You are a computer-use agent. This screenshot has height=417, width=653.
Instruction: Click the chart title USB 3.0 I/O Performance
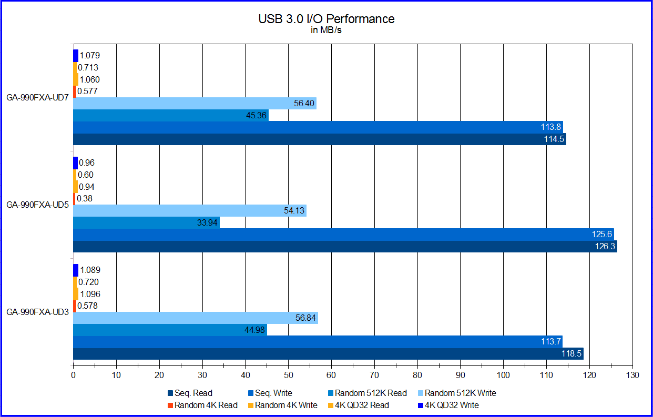coord(326,19)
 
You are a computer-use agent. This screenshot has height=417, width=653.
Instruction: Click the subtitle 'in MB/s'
coord(326,30)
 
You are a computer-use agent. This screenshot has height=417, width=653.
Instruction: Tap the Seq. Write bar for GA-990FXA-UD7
coord(315,127)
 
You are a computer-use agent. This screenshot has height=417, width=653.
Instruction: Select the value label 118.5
coord(571,354)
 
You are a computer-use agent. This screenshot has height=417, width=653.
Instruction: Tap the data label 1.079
coord(90,55)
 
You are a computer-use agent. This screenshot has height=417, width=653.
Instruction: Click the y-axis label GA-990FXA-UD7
coord(37,98)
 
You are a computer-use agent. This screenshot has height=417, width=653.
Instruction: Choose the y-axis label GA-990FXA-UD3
coord(37,312)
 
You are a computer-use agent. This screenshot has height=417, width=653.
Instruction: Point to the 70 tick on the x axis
coord(374,375)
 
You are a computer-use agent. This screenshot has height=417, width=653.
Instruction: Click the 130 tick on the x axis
coord(632,375)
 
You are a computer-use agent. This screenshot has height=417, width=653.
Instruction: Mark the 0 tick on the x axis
coord(73,375)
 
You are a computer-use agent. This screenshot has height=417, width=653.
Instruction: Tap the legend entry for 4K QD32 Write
coord(453,405)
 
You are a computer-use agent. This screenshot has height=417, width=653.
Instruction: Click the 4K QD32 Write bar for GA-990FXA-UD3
coord(76,270)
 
